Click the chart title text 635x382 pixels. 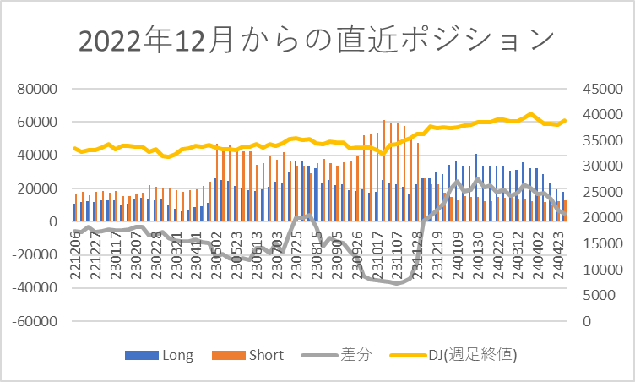[317, 41]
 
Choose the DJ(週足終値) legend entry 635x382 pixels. [460, 355]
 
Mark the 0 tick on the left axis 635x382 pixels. [52, 221]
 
